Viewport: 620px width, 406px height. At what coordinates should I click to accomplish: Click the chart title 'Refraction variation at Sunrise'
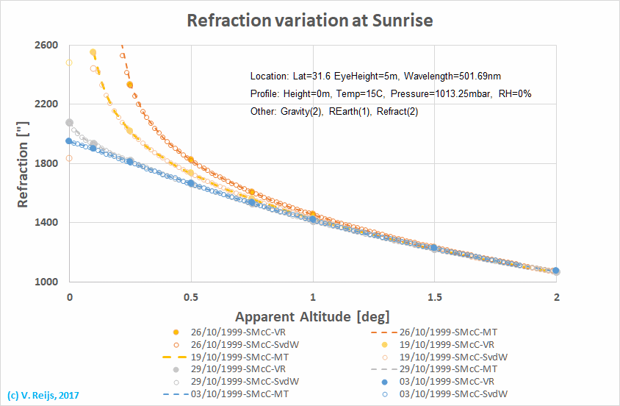(310, 20)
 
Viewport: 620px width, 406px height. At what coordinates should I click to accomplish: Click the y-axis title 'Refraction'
(23, 163)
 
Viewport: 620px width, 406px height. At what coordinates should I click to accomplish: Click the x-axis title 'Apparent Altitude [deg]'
(312, 316)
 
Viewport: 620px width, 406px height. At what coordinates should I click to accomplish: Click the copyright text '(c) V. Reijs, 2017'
(43, 395)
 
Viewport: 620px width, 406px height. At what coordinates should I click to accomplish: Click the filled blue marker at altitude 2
(556, 271)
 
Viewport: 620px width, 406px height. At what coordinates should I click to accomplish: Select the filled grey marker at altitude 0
(70, 123)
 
